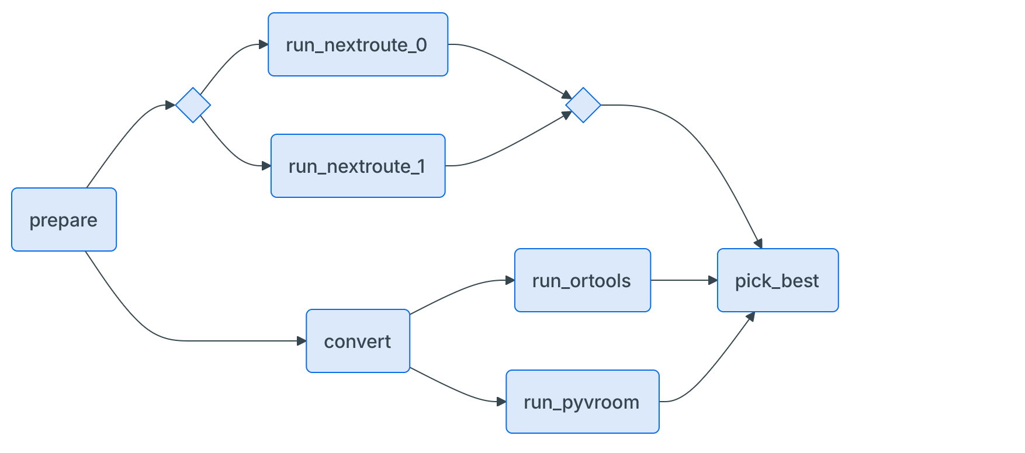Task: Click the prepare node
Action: (x=64, y=219)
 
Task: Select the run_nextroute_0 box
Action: (x=358, y=44)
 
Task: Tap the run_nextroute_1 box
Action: (x=358, y=166)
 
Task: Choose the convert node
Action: (x=358, y=341)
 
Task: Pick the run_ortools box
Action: (x=582, y=280)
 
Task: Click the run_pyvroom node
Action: (x=582, y=402)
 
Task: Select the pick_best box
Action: (x=778, y=280)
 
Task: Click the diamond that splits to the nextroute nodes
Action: (x=193, y=105)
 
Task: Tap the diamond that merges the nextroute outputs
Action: (x=583, y=105)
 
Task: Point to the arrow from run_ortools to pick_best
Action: (x=684, y=280)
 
